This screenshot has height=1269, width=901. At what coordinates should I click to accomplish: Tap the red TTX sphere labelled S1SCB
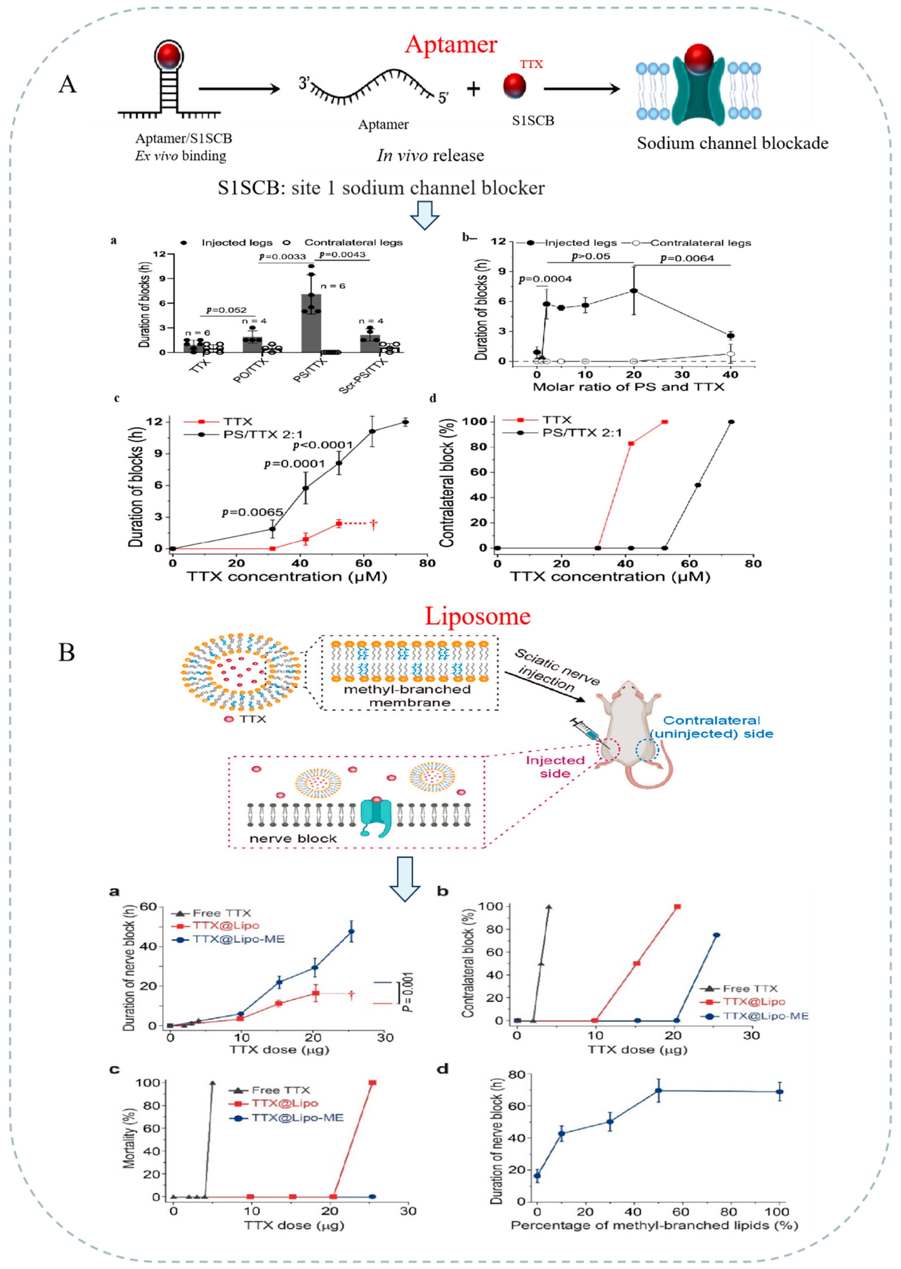(514, 86)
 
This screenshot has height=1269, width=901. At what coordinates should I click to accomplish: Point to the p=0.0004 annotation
(545, 279)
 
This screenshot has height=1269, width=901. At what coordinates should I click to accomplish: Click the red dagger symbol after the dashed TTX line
(373, 523)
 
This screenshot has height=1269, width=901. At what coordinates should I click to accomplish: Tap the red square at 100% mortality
(372, 1083)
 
